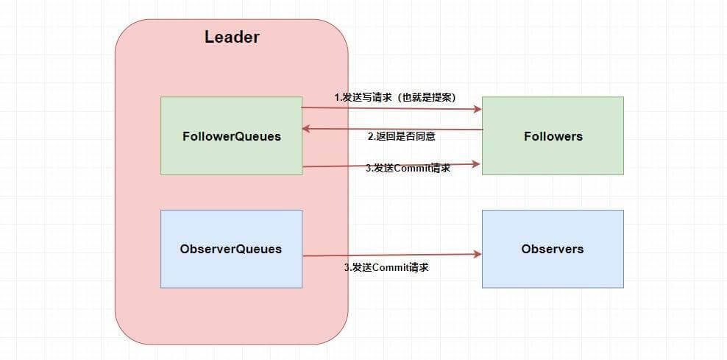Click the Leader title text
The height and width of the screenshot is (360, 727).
click(x=232, y=38)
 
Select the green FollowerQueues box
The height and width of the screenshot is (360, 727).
click(x=231, y=136)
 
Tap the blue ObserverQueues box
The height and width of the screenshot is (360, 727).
click(x=231, y=249)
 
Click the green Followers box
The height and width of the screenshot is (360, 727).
click(x=553, y=136)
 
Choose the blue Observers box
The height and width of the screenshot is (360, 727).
click(x=553, y=249)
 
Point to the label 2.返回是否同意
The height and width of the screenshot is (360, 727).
click(x=405, y=136)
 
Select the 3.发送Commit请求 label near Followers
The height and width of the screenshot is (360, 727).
click(x=408, y=168)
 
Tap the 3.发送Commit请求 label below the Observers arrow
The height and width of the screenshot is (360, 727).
click(x=386, y=267)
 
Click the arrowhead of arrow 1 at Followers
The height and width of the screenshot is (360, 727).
click(x=478, y=109)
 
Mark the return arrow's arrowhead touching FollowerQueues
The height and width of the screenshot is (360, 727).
click(x=307, y=130)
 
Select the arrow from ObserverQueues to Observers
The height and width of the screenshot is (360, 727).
click(x=391, y=255)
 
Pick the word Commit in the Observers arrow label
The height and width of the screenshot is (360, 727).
click(x=389, y=267)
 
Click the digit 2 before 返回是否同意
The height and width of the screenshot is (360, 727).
click(x=370, y=136)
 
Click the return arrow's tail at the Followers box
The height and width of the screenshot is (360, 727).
click(x=480, y=130)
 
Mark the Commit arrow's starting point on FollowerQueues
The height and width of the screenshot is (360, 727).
click(x=304, y=166)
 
